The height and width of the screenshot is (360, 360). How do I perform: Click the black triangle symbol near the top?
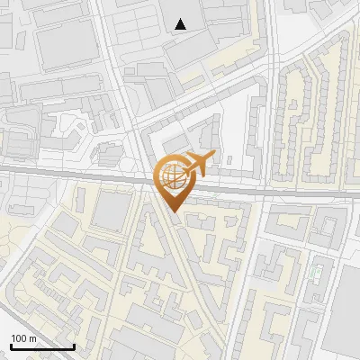(x=181, y=24)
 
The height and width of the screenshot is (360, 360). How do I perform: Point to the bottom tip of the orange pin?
(x=171, y=212)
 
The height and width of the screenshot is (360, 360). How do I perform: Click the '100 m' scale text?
(x=23, y=338)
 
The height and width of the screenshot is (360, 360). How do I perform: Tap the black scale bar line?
(x=42, y=346)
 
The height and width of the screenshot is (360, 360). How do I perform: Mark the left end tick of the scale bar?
(x=11, y=345)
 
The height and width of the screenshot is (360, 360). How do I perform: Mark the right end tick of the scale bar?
(x=74, y=345)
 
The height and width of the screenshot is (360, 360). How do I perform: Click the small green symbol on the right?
(x=314, y=271)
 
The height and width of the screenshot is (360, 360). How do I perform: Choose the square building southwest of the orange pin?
(x=112, y=211)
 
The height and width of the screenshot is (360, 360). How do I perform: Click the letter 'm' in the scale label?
(x=32, y=338)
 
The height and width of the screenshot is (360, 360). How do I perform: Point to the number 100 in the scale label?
(x=19, y=338)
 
